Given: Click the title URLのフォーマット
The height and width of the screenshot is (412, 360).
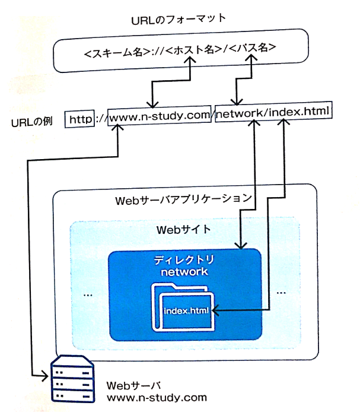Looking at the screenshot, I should (179, 18).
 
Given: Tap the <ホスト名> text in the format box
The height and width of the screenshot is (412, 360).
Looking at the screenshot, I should (194, 50).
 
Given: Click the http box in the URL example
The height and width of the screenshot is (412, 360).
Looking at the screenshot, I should (80, 119).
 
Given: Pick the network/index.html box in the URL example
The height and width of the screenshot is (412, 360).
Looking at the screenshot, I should (272, 112).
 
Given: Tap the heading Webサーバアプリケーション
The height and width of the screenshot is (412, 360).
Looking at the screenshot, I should (184, 200).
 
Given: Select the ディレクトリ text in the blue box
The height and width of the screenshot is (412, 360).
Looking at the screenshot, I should (185, 260).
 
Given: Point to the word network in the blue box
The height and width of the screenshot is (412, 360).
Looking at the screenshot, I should (185, 272).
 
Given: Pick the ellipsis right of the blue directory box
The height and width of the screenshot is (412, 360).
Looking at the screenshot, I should (281, 293).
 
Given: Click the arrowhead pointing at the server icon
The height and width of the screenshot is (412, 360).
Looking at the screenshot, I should (46, 376).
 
